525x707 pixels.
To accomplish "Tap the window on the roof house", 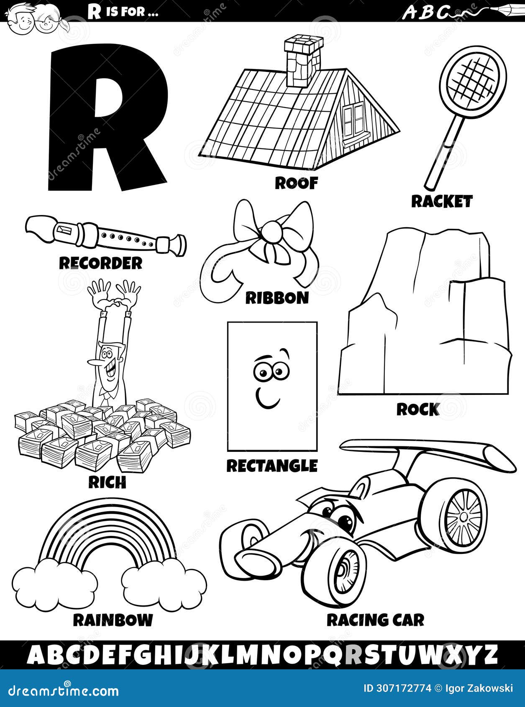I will pyautogui.click(x=354, y=116).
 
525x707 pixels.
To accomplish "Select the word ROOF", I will pyautogui.click(x=296, y=183).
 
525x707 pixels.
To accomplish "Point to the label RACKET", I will pyautogui.click(x=441, y=202).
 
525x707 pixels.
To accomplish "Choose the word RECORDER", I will pyautogui.click(x=100, y=263).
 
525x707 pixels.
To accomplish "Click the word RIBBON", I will pyautogui.click(x=277, y=298).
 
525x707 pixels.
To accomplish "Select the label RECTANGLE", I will pyautogui.click(x=272, y=465).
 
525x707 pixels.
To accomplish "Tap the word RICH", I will pyautogui.click(x=107, y=482).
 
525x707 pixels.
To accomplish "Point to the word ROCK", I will pyautogui.click(x=418, y=410).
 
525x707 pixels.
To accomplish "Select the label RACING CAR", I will pyautogui.click(x=375, y=620).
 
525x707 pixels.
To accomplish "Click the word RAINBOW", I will pyautogui.click(x=113, y=620).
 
